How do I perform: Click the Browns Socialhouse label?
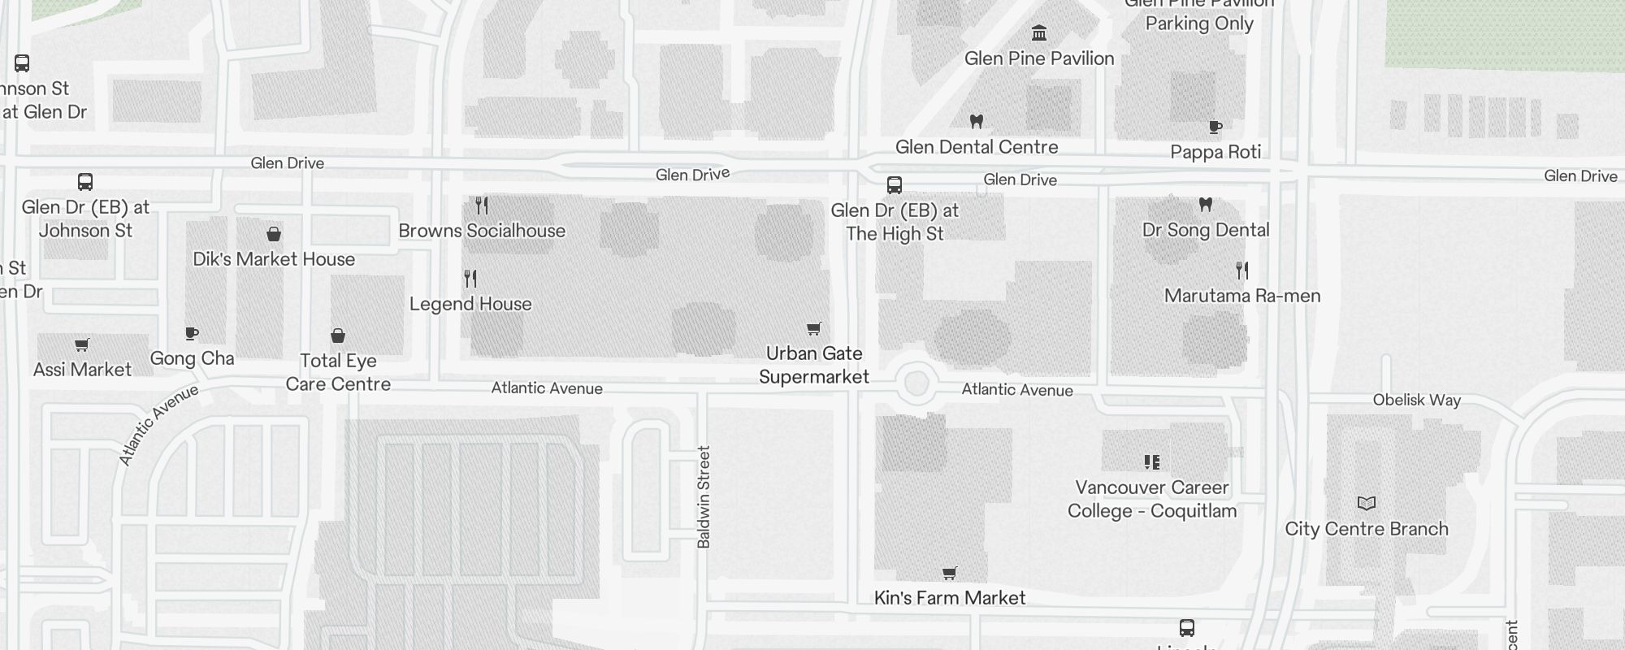482,231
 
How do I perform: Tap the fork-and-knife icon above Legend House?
470,279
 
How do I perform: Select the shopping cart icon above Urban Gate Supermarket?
813,329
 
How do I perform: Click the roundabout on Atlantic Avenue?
916,383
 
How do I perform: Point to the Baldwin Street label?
704,496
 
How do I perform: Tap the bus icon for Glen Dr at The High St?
895,185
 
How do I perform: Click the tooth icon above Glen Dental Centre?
977,122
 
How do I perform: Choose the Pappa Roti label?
1215,152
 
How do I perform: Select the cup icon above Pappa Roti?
1215,127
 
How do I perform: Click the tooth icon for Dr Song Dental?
1206,205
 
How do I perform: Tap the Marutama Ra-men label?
1242,296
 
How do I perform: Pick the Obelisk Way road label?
1416,400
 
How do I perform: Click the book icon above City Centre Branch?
1367,504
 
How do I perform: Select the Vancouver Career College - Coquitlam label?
1152,499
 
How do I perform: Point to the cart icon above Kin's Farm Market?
949,574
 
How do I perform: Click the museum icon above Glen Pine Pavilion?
1039,33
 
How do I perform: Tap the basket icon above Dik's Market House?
274,235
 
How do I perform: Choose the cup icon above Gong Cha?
192,334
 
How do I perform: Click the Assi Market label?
82,370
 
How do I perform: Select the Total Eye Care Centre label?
338,372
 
